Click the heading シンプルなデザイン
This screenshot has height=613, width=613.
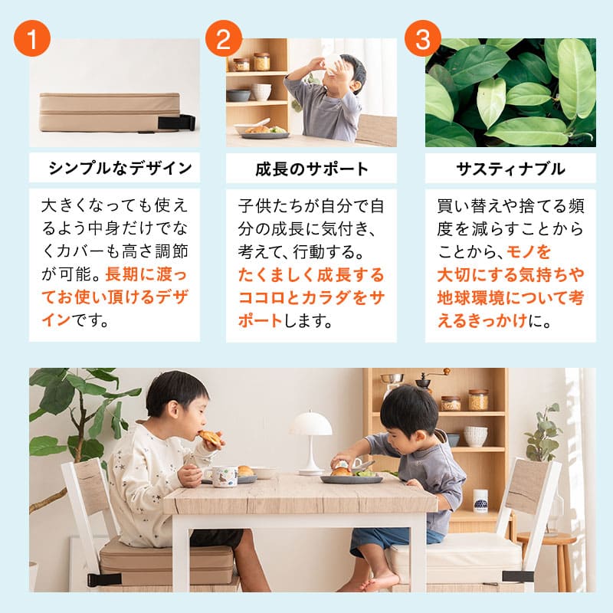click(x=114, y=169)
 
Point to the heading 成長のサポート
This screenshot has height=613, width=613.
click(x=311, y=169)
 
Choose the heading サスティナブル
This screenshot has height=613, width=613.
click(x=510, y=169)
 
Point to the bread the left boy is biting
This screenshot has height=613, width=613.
click(x=209, y=438)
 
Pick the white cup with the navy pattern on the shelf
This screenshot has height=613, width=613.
click(x=480, y=500)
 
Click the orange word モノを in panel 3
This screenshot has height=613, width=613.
click(x=529, y=252)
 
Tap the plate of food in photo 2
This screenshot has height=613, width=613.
click(x=261, y=131)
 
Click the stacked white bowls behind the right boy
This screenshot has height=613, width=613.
click(x=475, y=435)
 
